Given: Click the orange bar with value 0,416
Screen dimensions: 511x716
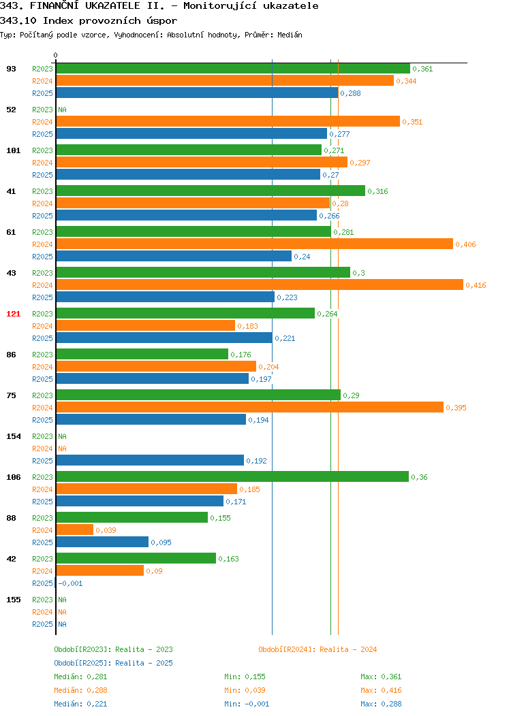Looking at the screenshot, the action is coord(260,285).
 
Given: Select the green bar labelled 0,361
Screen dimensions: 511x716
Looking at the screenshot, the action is coord(233,69).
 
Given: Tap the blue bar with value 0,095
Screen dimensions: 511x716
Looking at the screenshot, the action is coord(102,542).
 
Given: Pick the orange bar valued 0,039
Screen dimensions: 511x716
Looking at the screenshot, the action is coord(75,530).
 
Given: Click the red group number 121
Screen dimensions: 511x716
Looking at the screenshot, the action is coord(13,314).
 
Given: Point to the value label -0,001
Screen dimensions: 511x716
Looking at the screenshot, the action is coord(70,583).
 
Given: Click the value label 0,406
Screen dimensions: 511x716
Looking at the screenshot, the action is coord(465,244).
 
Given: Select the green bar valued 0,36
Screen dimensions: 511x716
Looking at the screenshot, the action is coord(232,476).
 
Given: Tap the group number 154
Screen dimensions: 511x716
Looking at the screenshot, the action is coord(13,436).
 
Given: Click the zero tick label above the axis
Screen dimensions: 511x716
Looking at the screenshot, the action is coord(55,55).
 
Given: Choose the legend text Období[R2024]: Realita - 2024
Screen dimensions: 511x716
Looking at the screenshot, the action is coord(318,649).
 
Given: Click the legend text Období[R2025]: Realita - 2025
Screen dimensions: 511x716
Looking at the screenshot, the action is coord(113,663).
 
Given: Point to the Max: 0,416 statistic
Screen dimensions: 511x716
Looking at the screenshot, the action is coord(381,690).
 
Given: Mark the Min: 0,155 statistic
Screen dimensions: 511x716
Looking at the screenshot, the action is coord(245,677).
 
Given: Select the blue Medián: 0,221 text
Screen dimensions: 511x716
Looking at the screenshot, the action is coord(80,704).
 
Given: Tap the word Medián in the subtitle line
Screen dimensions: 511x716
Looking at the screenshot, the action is coord(290,35).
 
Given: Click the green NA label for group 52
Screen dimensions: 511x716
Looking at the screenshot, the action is coord(62,110).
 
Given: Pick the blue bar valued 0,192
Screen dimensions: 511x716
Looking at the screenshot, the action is coord(150,460).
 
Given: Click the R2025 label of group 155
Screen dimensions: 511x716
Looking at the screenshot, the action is coord(42,624).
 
